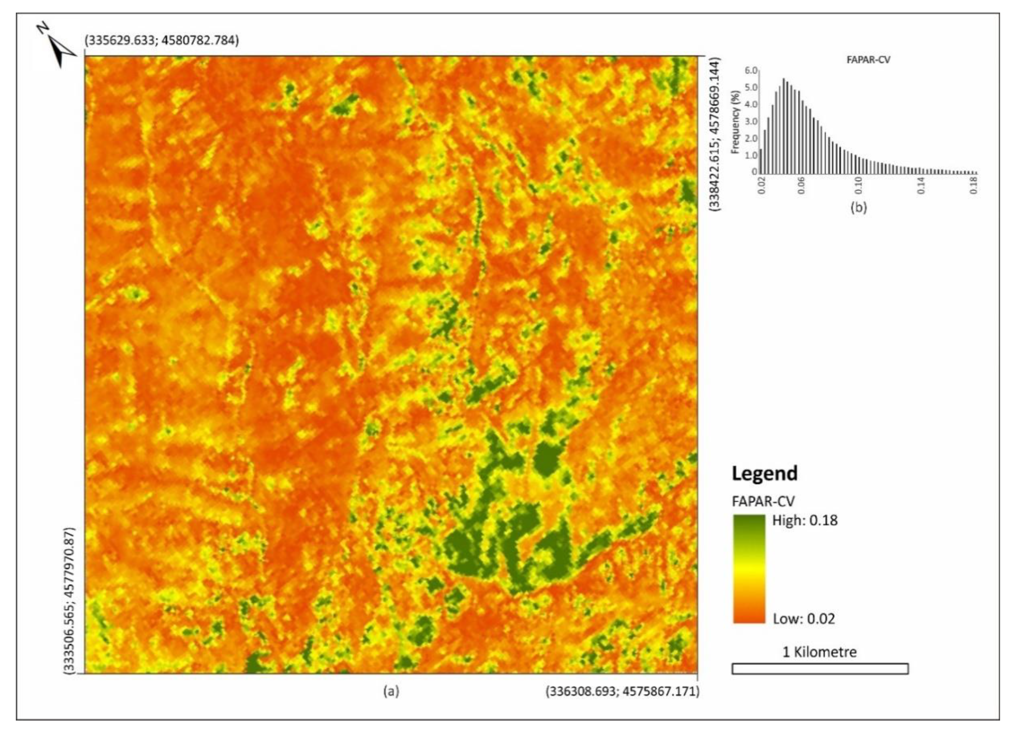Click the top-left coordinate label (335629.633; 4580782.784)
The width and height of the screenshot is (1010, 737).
pyautogui.click(x=162, y=41)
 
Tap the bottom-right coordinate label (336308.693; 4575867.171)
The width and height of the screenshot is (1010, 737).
pyautogui.click(x=622, y=691)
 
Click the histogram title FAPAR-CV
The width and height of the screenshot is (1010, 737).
pyautogui.click(x=868, y=60)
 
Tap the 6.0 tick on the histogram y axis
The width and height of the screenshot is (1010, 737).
pyautogui.click(x=751, y=71)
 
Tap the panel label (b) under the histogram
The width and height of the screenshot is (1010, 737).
pyautogui.click(x=859, y=208)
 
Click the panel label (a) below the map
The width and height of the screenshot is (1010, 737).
pyautogui.click(x=391, y=691)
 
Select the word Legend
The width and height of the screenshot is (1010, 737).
pyautogui.click(x=764, y=473)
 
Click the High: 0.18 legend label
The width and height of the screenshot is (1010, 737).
pyautogui.click(x=805, y=520)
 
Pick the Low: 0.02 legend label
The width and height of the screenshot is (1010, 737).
pyautogui.click(x=804, y=619)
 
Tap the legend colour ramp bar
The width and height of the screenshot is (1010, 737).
pyautogui.click(x=748, y=569)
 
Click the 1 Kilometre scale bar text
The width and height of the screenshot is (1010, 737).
pyautogui.click(x=819, y=652)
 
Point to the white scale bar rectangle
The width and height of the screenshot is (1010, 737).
pyautogui.click(x=819, y=668)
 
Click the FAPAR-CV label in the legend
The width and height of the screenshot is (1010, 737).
pyautogui.click(x=763, y=502)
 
